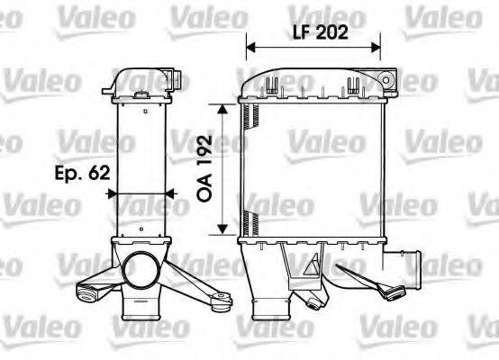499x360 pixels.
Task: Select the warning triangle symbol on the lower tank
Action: [315, 268]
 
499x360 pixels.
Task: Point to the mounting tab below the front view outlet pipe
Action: [394, 291]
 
